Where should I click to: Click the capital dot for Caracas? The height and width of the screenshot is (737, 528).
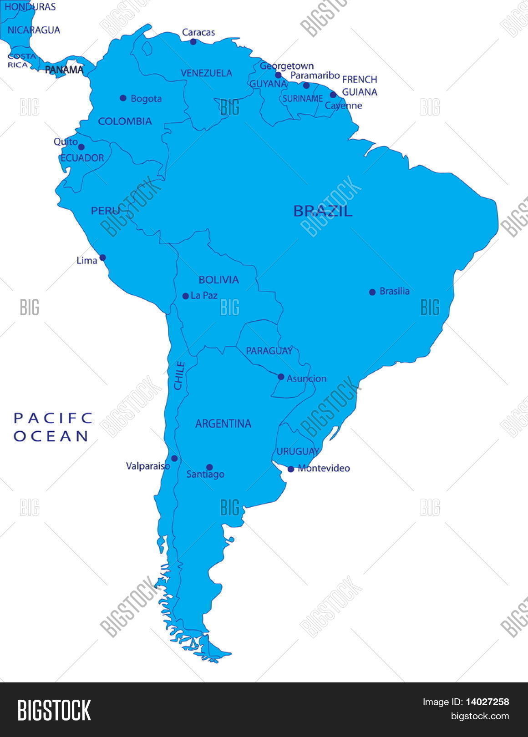(x=193, y=42)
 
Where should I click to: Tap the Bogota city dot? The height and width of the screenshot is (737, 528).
(x=123, y=98)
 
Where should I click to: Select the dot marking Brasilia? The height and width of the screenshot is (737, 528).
(x=372, y=292)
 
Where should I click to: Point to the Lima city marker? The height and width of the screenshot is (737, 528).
(x=103, y=257)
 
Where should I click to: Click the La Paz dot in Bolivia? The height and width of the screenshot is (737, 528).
(x=185, y=296)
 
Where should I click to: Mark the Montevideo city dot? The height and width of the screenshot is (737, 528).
(x=291, y=469)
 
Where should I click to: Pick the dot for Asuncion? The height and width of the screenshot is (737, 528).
(x=281, y=377)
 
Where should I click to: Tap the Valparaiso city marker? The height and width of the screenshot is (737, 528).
(x=174, y=459)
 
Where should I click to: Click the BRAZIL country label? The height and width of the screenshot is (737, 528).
(x=323, y=211)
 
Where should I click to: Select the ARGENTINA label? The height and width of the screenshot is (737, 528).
(x=223, y=424)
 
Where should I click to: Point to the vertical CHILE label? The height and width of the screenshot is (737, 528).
(x=180, y=375)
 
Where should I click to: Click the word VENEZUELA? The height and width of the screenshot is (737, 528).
(x=206, y=73)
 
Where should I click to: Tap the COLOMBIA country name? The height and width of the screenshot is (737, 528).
(x=125, y=121)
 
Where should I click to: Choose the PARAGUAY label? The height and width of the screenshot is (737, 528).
(x=269, y=351)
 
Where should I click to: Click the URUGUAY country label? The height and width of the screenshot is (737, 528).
(x=298, y=452)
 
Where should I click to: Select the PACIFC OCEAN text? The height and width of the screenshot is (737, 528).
(x=52, y=428)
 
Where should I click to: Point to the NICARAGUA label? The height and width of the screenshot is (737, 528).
(x=34, y=30)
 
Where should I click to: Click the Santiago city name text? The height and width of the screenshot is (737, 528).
(x=205, y=475)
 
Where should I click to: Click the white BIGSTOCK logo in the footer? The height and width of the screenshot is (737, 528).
(x=54, y=710)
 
